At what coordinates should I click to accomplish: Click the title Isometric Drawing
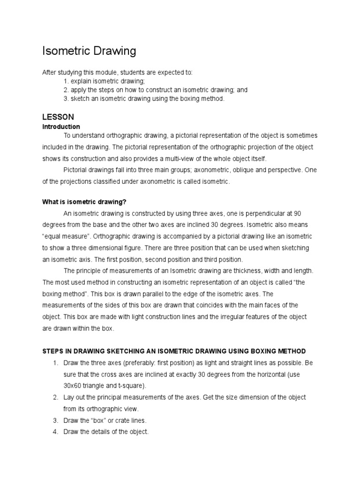tap(89, 51)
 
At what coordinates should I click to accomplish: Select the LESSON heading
tap(58, 116)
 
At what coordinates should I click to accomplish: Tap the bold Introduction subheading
tap(61, 127)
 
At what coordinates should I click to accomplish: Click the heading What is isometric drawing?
tap(85, 202)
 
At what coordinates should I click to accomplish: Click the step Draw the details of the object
tap(106, 432)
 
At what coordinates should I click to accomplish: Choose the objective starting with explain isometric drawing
tap(104, 81)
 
